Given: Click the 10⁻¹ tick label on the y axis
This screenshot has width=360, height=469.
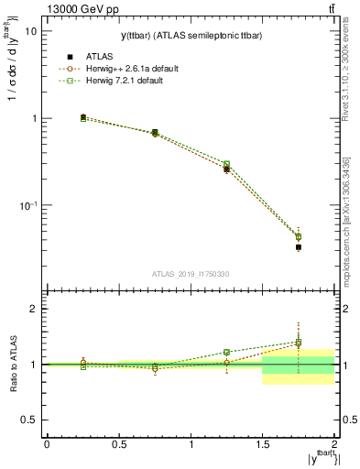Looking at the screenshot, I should tap(27, 206).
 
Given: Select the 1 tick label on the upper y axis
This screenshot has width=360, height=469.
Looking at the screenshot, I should tap(34, 119).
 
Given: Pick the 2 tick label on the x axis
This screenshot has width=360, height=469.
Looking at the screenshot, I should tap(334, 444).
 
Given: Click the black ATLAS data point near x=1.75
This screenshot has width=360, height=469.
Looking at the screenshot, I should tap(299, 247).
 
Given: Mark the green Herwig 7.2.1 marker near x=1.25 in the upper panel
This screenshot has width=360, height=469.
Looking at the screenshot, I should tap(226, 164).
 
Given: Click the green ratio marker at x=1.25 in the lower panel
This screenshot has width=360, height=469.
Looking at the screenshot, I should tap(226, 352).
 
